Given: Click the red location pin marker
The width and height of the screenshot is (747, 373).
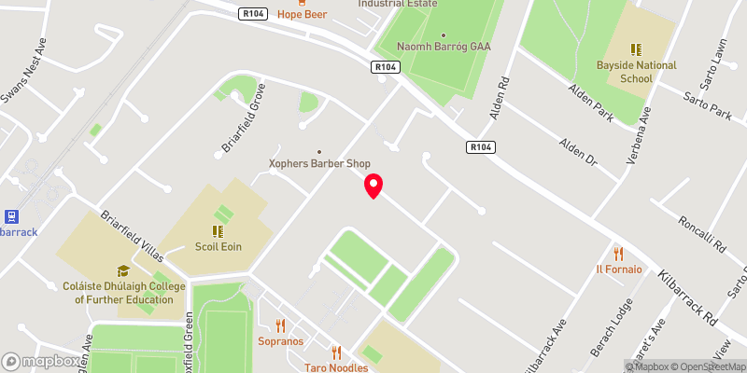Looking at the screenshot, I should click(x=373, y=186).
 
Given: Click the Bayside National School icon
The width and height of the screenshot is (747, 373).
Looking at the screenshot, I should click(x=636, y=49).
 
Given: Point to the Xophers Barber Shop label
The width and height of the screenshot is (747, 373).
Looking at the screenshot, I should click(x=319, y=163).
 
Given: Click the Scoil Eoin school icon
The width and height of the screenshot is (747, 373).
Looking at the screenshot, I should click(x=218, y=231).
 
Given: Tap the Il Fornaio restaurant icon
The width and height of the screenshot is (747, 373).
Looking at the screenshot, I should click(x=617, y=253).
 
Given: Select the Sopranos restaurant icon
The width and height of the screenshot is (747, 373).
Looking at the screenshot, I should click(x=280, y=325).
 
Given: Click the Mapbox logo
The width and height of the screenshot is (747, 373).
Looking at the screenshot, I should click(x=41, y=361).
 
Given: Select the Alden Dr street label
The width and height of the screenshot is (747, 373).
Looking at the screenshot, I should click(x=577, y=151).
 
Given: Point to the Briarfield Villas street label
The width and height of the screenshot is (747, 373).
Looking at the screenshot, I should click(x=132, y=236).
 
